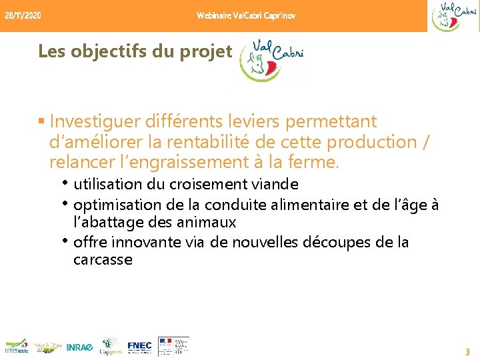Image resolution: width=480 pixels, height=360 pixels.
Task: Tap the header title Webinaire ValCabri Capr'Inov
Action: [x=246, y=15]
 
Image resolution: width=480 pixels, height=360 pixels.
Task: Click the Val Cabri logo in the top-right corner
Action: [x=454, y=17]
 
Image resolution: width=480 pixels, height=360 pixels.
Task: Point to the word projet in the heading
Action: [x=210, y=51]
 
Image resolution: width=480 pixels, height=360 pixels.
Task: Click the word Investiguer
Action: [x=90, y=122]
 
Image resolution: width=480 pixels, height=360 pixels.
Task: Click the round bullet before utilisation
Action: [x=67, y=183]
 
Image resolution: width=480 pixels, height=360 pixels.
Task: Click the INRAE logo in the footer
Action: [x=79, y=347]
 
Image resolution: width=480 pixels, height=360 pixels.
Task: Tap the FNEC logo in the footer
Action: [x=139, y=347]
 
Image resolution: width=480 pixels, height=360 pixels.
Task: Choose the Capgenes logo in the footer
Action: [x=110, y=346]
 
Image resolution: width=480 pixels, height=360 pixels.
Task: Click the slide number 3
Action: [x=467, y=351]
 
